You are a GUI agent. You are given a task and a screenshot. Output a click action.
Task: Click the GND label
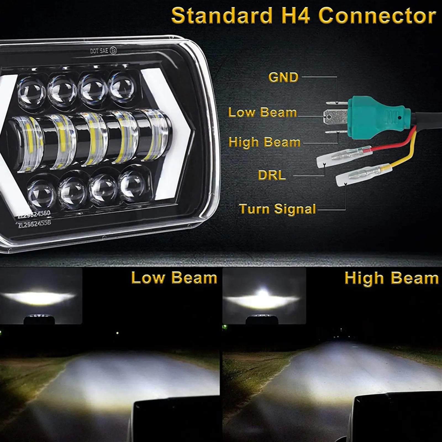pos(283,78)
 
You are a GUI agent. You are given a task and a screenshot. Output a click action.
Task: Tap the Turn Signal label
pos(277,209)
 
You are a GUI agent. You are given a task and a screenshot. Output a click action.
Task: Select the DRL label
pos(272,175)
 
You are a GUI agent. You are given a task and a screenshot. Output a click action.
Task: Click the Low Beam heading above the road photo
pos(174,278)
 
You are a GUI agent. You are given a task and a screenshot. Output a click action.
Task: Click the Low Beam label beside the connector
pos(262,112)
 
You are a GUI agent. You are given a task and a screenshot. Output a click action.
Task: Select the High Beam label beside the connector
pos(264,142)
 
